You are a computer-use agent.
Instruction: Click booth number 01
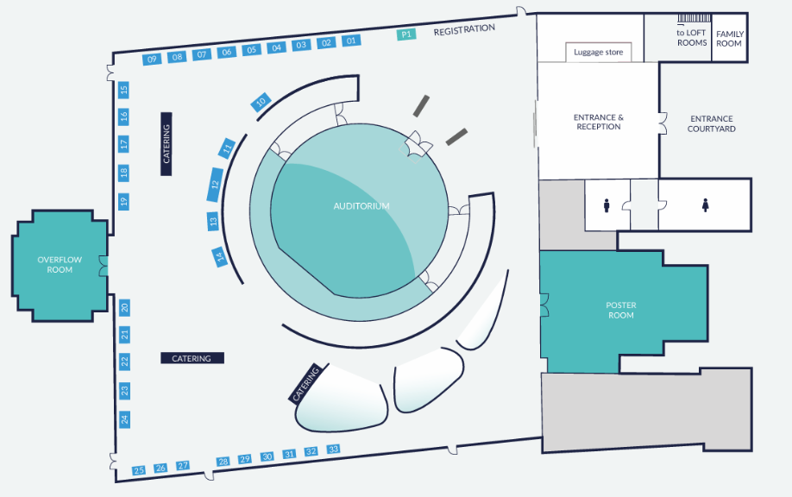tap(351, 41)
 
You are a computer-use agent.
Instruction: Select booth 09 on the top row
tap(152, 59)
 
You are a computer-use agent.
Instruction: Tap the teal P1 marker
tap(406, 35)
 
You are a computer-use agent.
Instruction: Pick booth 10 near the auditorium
tap(261, 103)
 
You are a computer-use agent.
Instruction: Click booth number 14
tap(220, 255)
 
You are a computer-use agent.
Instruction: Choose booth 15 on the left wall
tap(124, 89)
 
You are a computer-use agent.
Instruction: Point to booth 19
tap(124, 201)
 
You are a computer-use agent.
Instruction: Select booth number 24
tap(124, 419)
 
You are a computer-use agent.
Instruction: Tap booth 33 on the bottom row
tap(334, 450)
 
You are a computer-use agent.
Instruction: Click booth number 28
tap(223, 462)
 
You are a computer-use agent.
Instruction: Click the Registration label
tap(464, 29)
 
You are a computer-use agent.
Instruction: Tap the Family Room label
tap(729, 39)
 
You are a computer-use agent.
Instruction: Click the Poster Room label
tap(620, 310)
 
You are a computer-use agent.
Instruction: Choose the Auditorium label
tap(361, 206)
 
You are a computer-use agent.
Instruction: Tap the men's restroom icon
tap(607, 205)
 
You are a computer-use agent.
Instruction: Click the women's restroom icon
tap(705, 205)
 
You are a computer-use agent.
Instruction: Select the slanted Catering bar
tap(305, 383)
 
